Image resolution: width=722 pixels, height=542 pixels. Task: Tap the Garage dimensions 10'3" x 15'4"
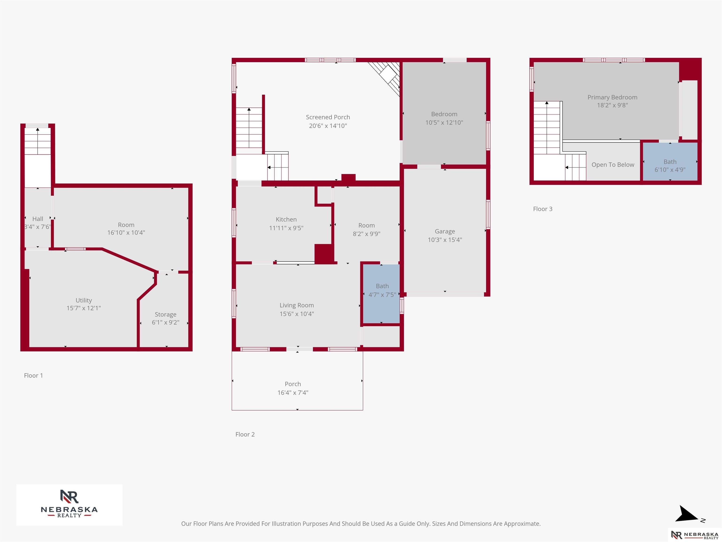pos(445,240)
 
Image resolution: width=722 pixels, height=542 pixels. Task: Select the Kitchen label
pos(286,219)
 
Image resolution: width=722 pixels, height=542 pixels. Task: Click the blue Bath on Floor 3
pos(670,161)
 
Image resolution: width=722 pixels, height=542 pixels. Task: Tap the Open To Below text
pos(613,165)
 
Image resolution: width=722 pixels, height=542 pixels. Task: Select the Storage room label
pos(165,315)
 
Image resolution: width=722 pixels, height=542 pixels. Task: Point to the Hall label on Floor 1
pos(38,219)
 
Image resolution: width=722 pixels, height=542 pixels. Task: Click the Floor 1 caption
pos(33,375)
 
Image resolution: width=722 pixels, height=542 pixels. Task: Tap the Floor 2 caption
pos(245,434)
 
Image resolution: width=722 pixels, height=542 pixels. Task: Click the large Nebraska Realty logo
pos(69,505)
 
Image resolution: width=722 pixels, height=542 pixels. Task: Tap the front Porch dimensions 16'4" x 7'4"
pos(293,393)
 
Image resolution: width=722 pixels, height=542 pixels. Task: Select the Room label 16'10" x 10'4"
pos(126,229)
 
